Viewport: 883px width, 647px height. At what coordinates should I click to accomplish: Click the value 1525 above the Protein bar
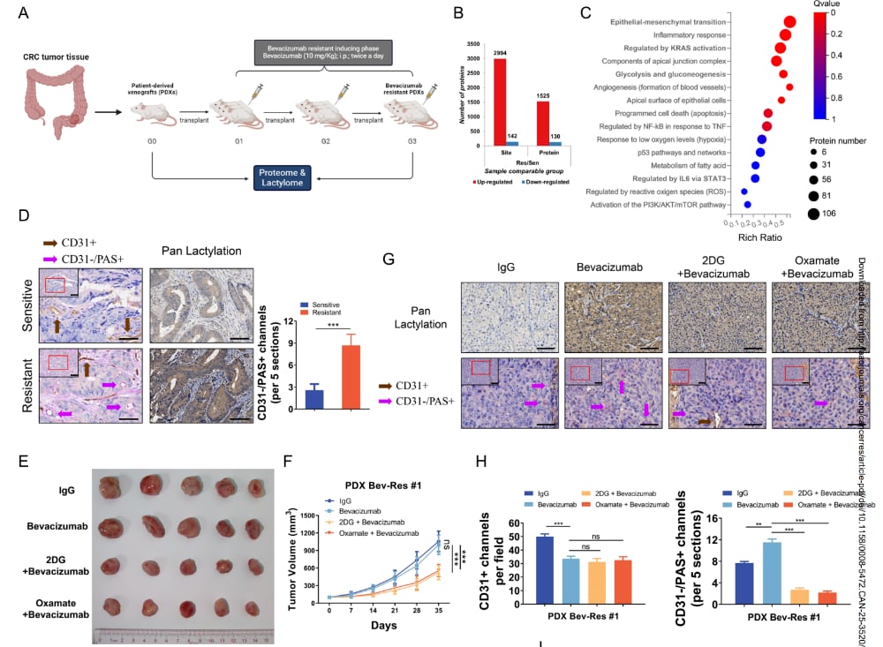click(x=545, y=94)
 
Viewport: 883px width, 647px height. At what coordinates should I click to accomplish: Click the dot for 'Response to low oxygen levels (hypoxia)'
click(x=760, y=139)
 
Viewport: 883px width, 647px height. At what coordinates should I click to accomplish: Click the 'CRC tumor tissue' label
click(x=54, y=56)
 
